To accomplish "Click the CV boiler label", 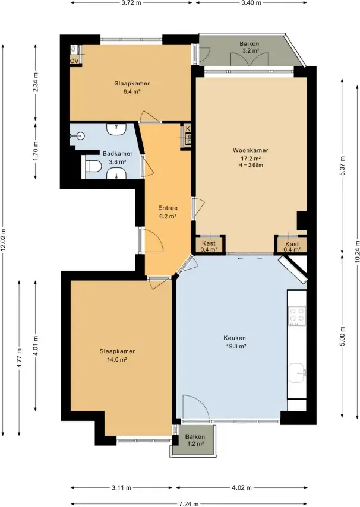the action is [74, 61].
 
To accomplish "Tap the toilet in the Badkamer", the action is [93, 166].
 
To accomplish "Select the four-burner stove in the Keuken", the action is [297, 316].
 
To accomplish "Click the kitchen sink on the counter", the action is [297, 373].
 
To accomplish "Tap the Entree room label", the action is [168, 208].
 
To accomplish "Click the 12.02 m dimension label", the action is [4, 240].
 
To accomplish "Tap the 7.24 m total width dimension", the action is [188, 504].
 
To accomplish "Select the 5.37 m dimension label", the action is [343, 166].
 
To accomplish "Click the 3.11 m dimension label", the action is [121, 488].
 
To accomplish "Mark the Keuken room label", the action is [235, 338].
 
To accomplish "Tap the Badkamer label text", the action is [118, 154].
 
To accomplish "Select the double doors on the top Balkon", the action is [250, 59].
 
